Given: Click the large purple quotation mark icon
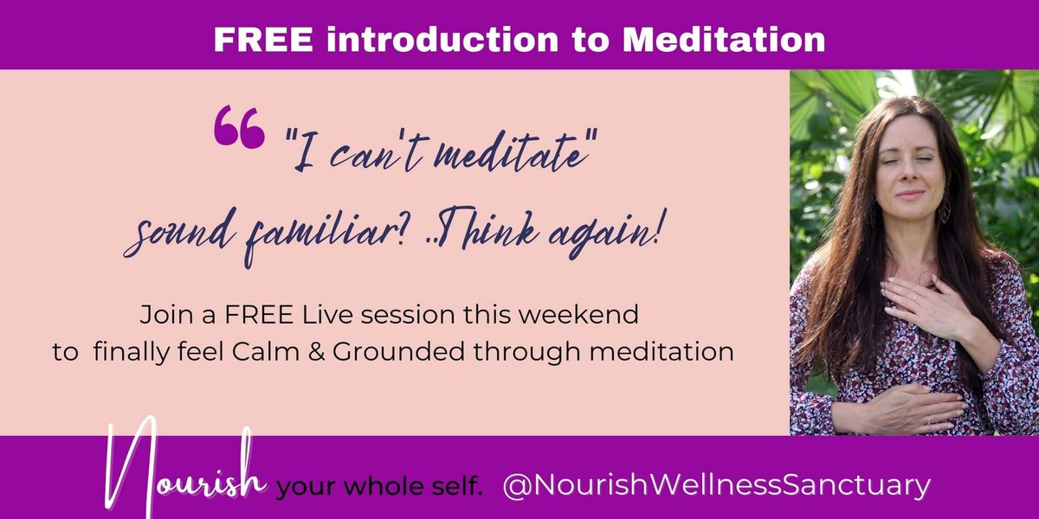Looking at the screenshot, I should point(238,127).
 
